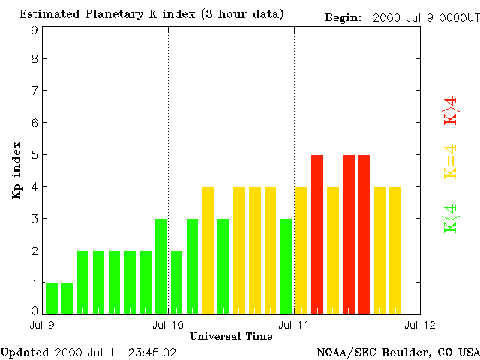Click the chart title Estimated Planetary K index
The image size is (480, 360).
[x=151, y=14]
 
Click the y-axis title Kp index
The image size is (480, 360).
[x=16, y=170]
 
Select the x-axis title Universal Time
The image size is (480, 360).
[x=226, y=336]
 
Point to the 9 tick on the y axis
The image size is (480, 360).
[x=34, y=30]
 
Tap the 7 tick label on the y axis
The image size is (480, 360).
[x=34, y=91]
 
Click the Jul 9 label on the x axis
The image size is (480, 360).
[x=41, y=325]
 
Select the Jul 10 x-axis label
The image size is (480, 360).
[x=167, y=325]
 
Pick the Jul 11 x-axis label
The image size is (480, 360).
[x=293, y=325]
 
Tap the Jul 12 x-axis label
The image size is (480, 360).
[x=418, y=325]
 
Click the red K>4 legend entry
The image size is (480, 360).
[x=451, y=110]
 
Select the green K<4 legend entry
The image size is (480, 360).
[x=451, y=218]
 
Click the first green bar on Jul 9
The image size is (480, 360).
[x=52, y=298]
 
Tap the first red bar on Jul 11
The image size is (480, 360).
[x=317, y=234]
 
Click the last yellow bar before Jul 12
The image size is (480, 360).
[x=395, y=250]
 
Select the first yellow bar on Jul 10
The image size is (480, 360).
[x=208, y=250]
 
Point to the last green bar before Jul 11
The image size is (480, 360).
[x=286, y=265]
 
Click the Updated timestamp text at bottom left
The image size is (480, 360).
[x=88, y=351]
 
